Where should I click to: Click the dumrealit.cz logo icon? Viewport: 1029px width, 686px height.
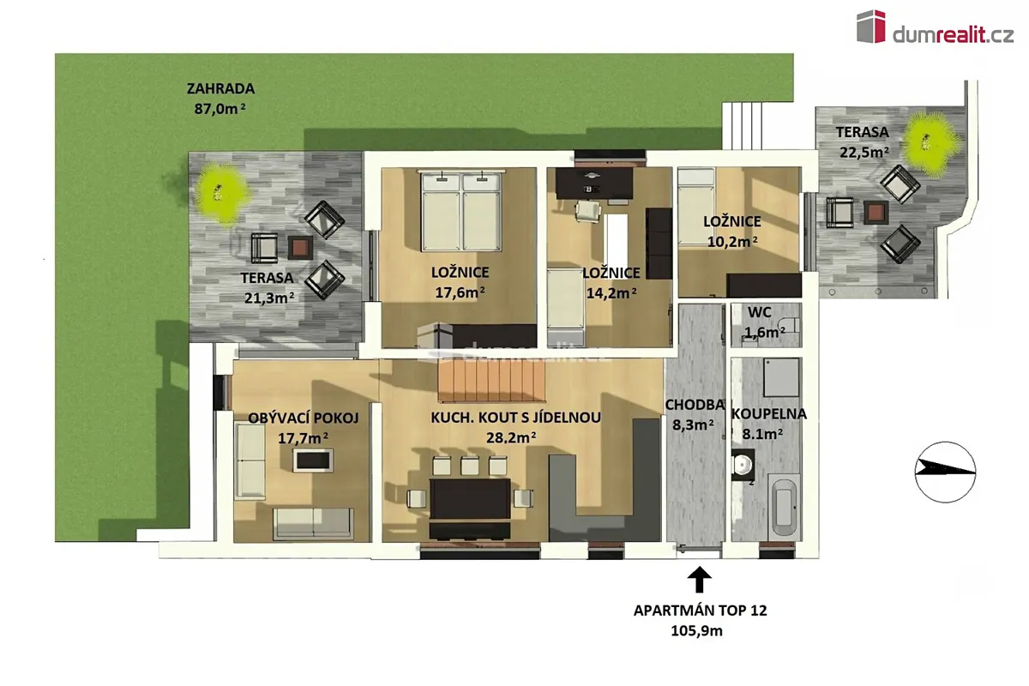(871, 27)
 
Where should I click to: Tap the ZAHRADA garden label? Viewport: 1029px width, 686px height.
(220, 88)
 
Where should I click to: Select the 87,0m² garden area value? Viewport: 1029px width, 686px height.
(220, 109)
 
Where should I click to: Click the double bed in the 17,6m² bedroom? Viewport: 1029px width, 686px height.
(460, 212)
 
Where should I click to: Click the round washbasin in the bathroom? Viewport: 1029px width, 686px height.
(743, 465)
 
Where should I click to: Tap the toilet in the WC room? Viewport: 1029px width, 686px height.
(791, 325)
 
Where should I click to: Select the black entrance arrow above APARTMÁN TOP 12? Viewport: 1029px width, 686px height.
(699, 580)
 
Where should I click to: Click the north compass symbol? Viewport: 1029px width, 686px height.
(945, 472)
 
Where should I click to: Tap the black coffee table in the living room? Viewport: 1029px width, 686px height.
(313, 460)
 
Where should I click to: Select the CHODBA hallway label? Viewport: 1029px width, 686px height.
(694, 405)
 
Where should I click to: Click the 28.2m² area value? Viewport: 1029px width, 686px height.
(511, 437)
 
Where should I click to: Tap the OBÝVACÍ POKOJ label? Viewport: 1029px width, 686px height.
(304, 418)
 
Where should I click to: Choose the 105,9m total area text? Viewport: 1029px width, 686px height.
(696, 631)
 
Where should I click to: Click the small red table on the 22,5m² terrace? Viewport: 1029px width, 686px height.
(876, 213)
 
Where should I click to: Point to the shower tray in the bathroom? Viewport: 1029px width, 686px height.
(781, 377)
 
